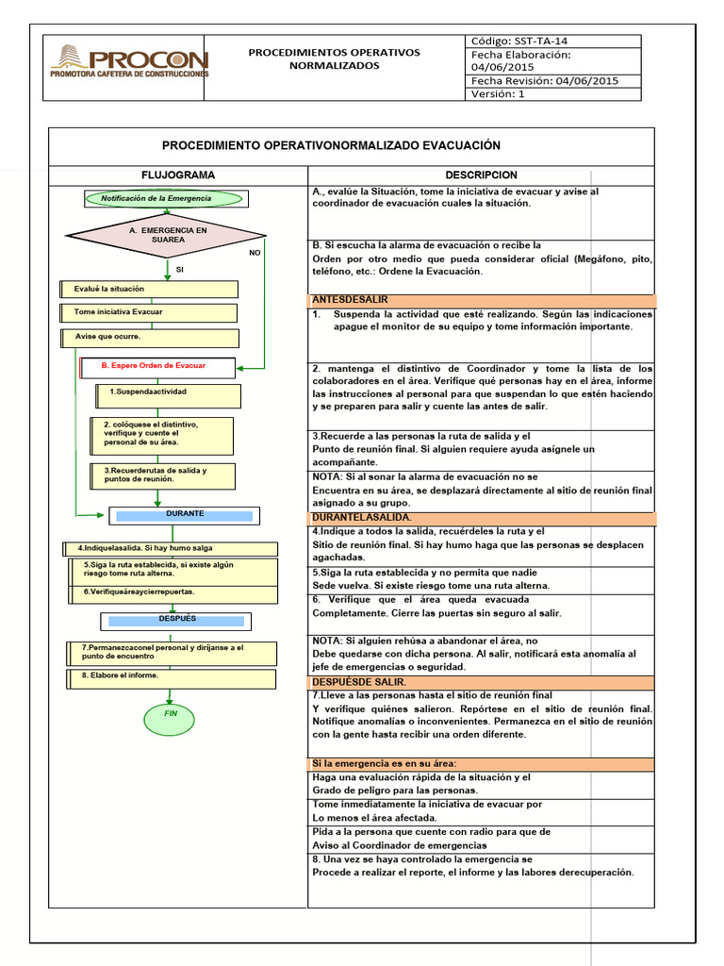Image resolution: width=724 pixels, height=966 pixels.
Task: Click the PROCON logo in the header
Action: pos(129,60)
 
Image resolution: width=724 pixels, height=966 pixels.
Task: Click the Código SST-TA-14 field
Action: pos(553,42)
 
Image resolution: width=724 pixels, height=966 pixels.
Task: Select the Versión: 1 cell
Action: pos(553,93)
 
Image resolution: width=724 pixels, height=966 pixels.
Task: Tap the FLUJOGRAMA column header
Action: pos(177,175)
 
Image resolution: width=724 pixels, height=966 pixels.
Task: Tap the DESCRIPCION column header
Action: pos(481,175)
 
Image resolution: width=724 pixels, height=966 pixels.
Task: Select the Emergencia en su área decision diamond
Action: pos(167,235)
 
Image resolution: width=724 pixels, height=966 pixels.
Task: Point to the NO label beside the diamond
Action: pos(255,253)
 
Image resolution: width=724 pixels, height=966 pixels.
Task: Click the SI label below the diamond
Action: pos(180,270)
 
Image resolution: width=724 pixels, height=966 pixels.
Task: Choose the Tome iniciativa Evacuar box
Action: pos(150,312)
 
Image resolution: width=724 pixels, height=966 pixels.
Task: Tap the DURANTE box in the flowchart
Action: pos(185,515)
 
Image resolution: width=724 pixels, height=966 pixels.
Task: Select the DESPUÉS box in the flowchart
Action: pos(177,620)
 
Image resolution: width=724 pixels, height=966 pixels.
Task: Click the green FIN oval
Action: pos(171,714)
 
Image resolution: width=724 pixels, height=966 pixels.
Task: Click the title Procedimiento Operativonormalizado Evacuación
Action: pos(331,146)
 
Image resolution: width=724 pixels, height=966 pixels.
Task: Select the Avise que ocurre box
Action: pos(150,337)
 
